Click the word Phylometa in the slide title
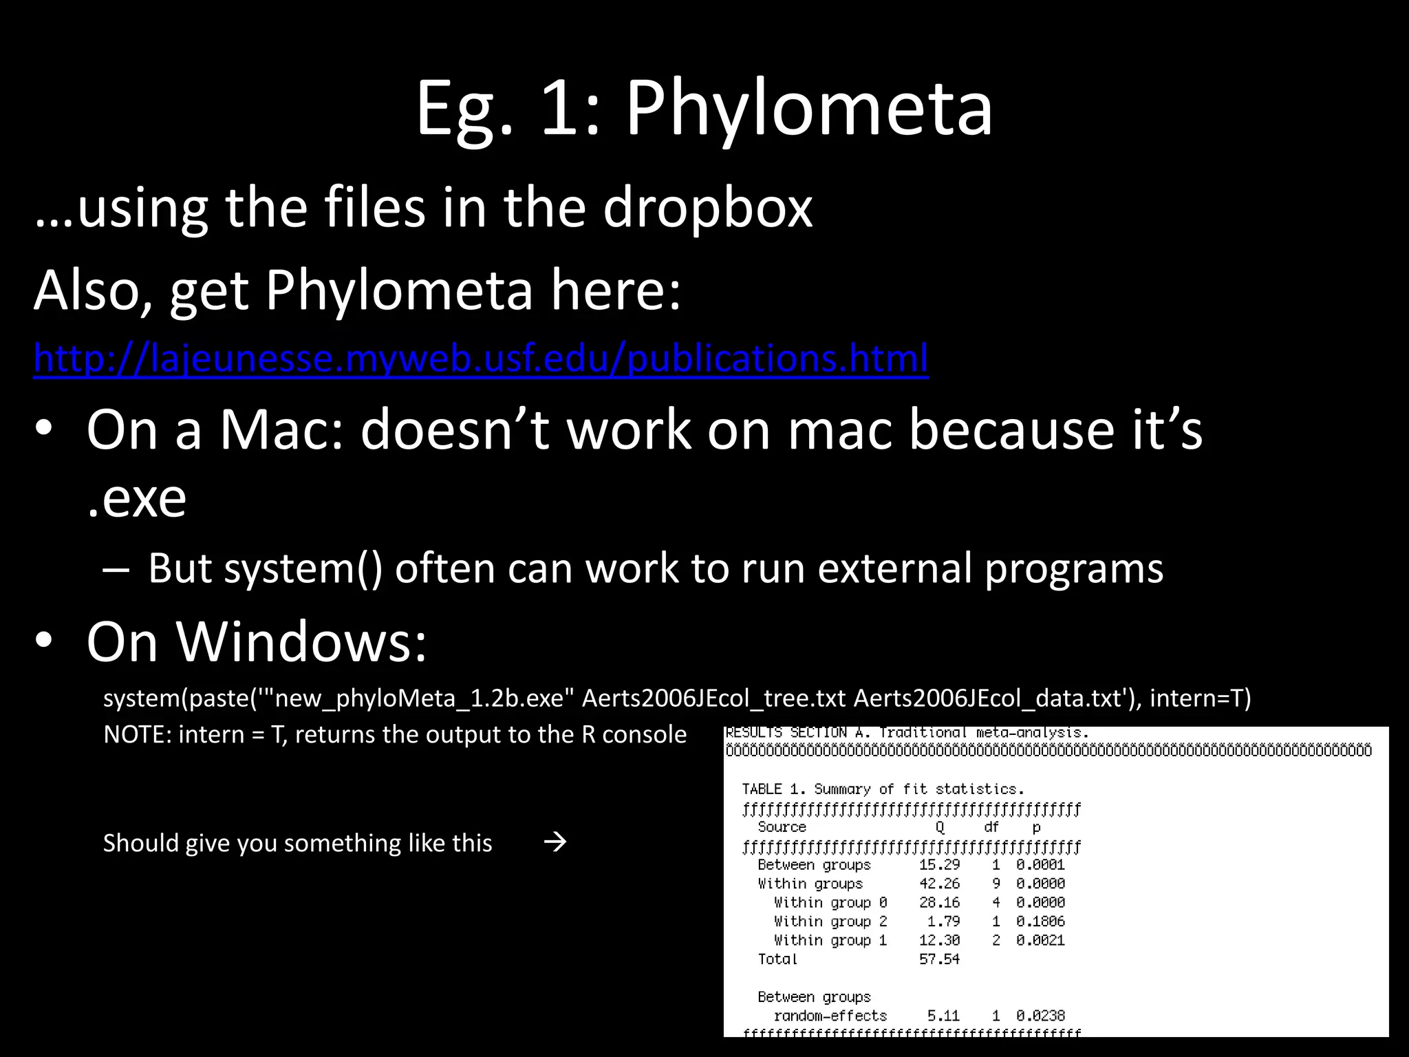pos(809,109)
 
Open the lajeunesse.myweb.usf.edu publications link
pos(481,359)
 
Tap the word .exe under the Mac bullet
pos(137,498)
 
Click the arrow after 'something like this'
pos(555,842)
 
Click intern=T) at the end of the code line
pos(1200,698)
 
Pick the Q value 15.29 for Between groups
pos(939,864)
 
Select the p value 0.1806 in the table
pos(1040,921)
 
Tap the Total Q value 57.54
pos(939,959)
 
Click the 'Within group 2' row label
pos(830,921)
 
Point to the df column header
pos(991,827)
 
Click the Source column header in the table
pos(782,827)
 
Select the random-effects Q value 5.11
pos(943,1016)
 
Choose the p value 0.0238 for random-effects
pos(1040,1016)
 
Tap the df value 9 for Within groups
pos(996,884)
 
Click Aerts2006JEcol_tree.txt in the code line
pos(713,698)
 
